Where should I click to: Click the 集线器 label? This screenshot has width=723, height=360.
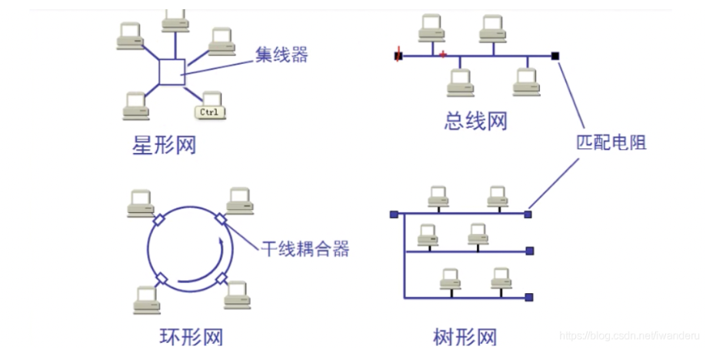coord(282,56)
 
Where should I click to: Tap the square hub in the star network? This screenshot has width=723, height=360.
coord(172,72)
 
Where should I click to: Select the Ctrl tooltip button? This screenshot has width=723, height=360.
coord(209,112)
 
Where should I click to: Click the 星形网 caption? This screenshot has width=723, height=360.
coord(164,145)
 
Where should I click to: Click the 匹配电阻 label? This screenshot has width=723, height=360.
coord(611,142)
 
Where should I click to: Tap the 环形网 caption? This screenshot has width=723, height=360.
coord(191,337)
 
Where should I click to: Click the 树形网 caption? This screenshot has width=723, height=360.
coord(465,337)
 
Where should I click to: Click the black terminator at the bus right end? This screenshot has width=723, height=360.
coord(555,55)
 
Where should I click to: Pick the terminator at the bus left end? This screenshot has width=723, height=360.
coord(398,55)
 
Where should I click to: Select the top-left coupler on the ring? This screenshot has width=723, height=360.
coord(159,221)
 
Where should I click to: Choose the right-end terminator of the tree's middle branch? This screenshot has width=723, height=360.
coord(529,251)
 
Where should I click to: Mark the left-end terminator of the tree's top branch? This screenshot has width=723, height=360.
coord(393,214)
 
